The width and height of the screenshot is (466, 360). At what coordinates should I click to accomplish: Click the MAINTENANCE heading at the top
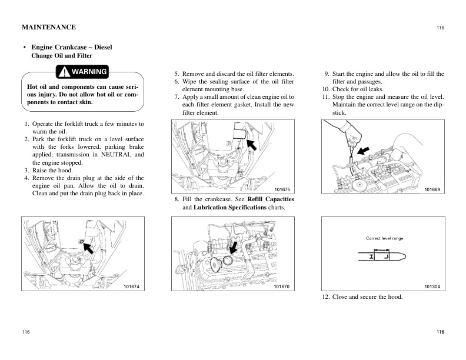tap(48, 27)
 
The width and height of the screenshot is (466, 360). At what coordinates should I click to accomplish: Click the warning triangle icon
tap(64, 72)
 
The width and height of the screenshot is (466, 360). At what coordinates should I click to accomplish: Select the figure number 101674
tap(133, 286)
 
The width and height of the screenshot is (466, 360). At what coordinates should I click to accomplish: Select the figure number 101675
tap(283, 189)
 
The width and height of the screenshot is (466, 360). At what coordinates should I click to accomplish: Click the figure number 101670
tap(283, 286)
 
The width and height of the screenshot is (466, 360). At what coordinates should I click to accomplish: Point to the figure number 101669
tap(432, 189)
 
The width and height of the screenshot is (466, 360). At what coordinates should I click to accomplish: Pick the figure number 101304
tap(432, 286)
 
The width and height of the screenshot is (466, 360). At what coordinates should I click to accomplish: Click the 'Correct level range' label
tap(384, 238)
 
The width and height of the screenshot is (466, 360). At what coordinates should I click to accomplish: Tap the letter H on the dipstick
tap(372, 257)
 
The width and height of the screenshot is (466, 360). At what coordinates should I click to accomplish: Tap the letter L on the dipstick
tap(386, 257)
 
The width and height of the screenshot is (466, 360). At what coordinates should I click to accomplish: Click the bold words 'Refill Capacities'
tap(271, 199)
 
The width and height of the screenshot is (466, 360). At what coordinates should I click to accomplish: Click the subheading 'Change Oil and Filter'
tap(61, 55)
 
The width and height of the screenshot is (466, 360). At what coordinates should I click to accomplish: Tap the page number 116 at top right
tap(440, 28)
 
